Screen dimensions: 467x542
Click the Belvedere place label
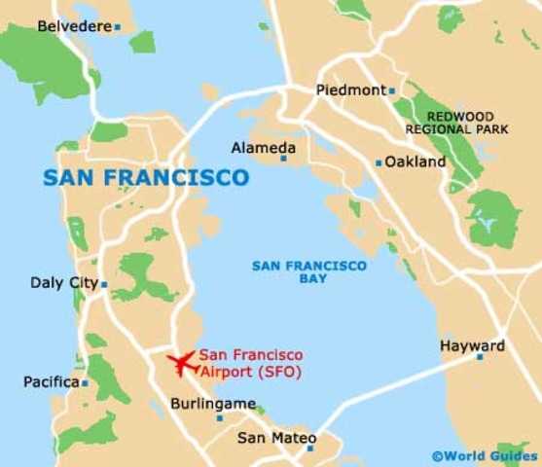(74, 26)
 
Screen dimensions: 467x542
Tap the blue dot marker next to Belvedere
(118, 27)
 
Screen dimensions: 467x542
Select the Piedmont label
(350, 90)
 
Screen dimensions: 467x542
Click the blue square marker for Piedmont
(391, 90)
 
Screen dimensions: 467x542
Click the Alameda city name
(263, 148)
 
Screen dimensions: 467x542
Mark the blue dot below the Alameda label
(284, 159)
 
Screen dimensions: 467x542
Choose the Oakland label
(416, 162)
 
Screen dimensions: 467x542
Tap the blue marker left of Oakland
(379, 163)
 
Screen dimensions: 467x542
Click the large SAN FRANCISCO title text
(146, 178)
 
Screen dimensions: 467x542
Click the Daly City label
(63, 283)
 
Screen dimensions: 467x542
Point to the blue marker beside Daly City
(104, 285)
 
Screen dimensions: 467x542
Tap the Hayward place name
(472, 345)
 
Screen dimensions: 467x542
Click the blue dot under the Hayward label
(479, 357)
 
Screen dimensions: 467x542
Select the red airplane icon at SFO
(181, 363)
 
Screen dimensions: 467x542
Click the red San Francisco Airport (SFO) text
(250, 363)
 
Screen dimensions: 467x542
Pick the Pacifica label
(51, 382)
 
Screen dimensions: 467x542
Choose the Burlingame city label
(212, 403)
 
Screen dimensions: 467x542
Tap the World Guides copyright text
(484, 454)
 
